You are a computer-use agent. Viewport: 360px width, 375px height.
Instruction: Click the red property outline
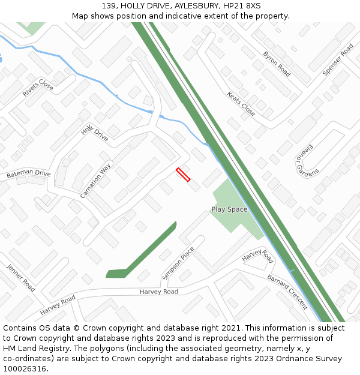(183, 175)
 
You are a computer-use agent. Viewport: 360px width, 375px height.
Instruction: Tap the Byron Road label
(277, 64)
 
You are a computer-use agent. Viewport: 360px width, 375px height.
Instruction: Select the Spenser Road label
(338, 59)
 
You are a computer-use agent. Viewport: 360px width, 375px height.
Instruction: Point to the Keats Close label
(241, 103)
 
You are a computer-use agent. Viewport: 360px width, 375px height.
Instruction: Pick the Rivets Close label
(38, 88)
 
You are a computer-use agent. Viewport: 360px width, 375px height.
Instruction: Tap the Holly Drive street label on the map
(94, 133)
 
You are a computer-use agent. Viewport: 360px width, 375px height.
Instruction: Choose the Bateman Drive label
(28, 174)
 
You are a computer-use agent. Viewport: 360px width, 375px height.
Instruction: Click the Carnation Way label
(95, 180)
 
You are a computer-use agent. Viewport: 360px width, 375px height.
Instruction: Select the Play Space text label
(229, 209)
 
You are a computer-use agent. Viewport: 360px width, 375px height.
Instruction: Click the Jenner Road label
(21, 277)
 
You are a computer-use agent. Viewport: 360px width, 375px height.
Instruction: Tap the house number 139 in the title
(109, 5)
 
